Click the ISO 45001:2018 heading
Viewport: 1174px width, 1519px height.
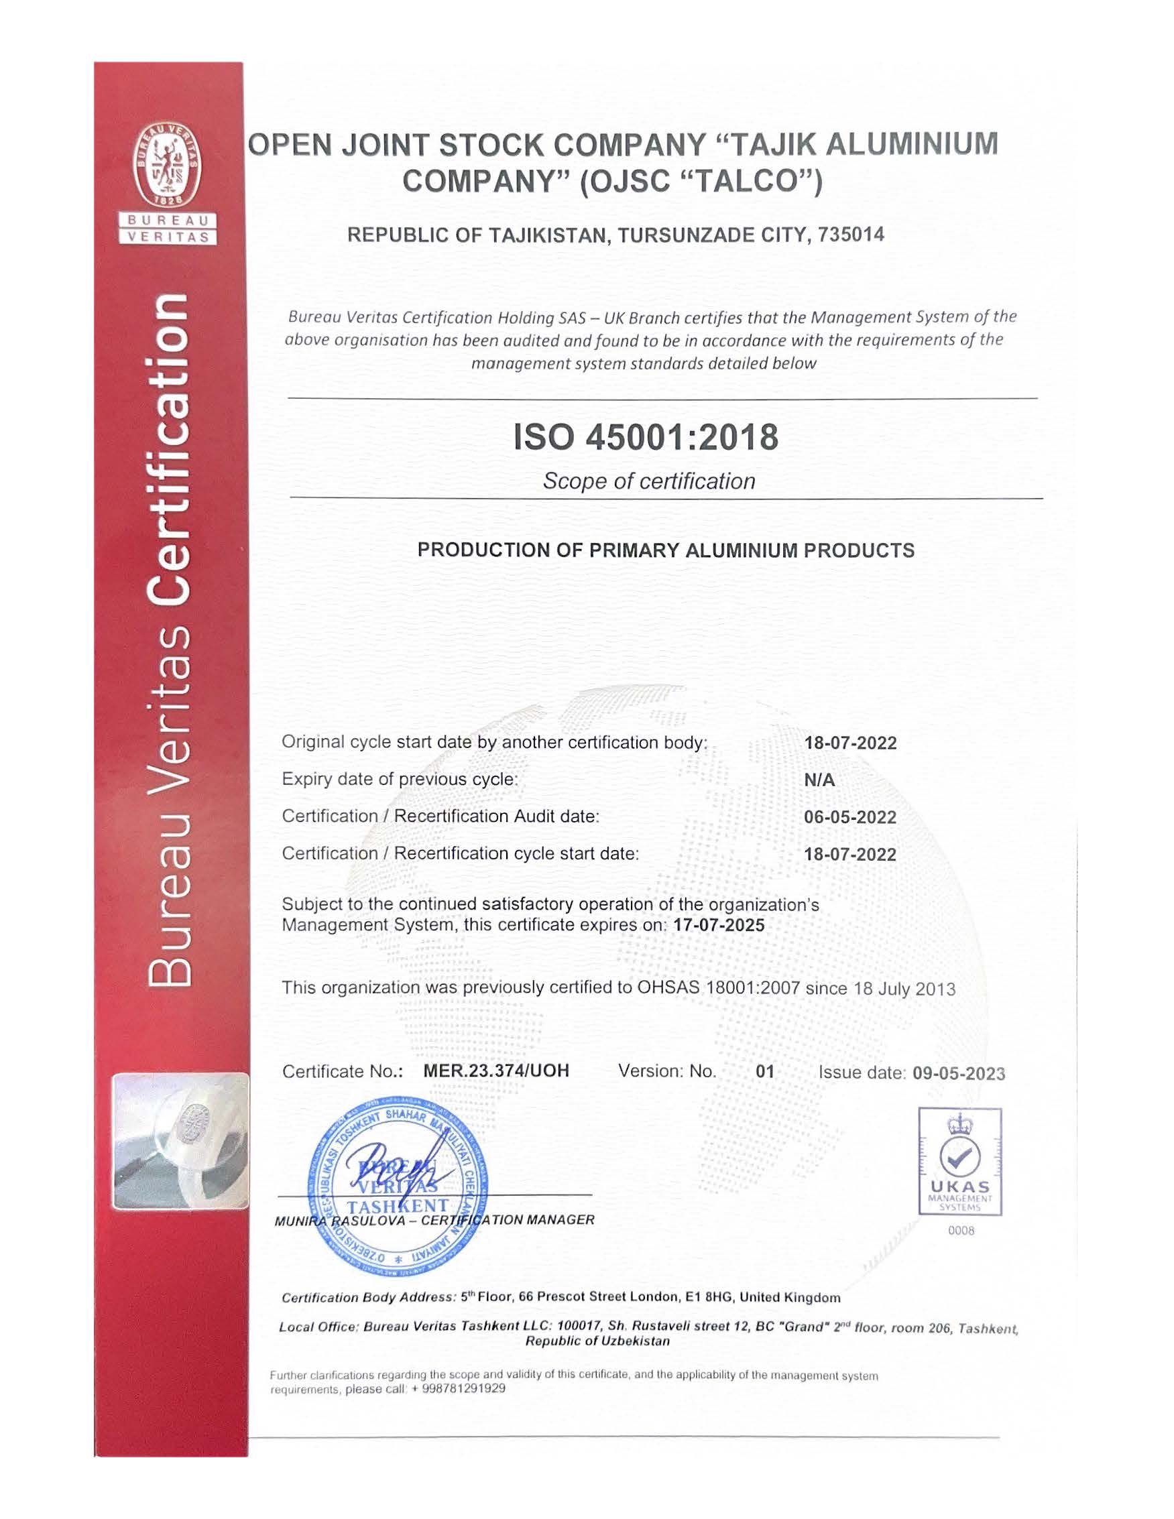[x=646, y=438]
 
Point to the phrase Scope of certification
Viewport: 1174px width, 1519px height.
[x=648, y=481]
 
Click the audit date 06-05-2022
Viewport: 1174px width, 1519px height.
[x=850, y=817]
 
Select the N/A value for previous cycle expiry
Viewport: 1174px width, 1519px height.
[x=819, y=780]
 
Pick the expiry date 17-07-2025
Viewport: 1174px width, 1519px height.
[x=719, y=926]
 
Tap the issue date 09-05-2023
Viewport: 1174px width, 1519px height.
[x=958, y=1073]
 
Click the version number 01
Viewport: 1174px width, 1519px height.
[x=764, y=1072]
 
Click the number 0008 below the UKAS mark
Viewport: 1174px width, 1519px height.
[x=961, y=1231]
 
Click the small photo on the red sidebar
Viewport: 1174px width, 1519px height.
[x=180, y=1142]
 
